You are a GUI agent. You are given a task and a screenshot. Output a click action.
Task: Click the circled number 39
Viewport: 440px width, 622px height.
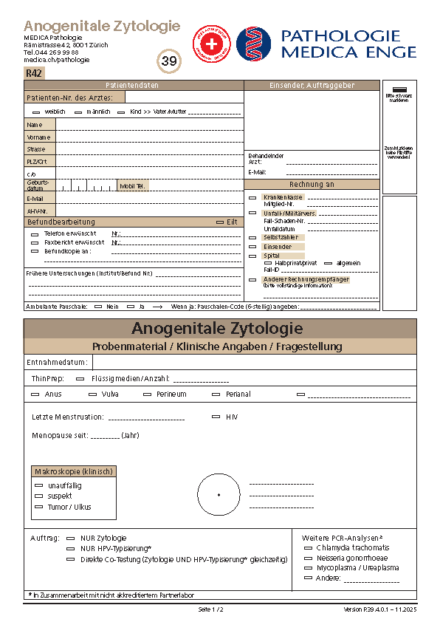(x=169, y=61)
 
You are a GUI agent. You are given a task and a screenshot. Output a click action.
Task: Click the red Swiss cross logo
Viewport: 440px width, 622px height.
(x=211, y=44)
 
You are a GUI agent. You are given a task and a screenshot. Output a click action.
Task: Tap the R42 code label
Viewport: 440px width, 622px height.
(x=34, y=72)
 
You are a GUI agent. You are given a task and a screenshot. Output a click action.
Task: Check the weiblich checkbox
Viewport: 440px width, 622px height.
(x=37, y=112)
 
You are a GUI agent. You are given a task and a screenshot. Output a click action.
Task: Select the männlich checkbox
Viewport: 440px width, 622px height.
(x=78, y=112)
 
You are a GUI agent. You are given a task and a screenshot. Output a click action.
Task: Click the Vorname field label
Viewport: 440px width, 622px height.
(x=38, y=137)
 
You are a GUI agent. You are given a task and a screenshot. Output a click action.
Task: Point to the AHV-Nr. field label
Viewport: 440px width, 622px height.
(x=37, y=211)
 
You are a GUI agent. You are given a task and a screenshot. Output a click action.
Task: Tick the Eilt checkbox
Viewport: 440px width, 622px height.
(x=220, y=222)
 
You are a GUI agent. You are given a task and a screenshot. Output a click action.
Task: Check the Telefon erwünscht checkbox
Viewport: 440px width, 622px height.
(x=35, y=233)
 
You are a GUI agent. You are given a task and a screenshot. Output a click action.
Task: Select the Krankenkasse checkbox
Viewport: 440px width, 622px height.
(x=252, y=197)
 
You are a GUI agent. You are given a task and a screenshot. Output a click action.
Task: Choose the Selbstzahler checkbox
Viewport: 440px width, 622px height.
(x=252, y=237)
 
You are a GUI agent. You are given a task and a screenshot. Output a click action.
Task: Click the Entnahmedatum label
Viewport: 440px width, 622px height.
(x=57, y=362)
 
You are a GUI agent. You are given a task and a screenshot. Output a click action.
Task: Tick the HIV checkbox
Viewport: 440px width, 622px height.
(x=216, y=417)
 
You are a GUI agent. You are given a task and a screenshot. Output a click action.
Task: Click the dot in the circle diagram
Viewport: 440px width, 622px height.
(x=219, y=494)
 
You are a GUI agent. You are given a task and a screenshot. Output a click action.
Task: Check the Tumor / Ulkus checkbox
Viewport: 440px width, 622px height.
(x=39, y=507)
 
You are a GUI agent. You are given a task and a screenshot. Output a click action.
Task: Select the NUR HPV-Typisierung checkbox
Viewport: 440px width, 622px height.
(x=70, y=549)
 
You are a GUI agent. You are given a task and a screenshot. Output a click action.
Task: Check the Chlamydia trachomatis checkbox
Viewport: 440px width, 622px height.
(x=309, y=548)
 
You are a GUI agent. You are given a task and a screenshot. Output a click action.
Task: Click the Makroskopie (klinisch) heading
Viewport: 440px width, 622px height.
(x=75, y=471)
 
